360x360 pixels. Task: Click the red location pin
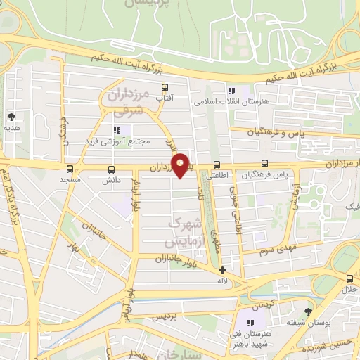click(x=181, y=165)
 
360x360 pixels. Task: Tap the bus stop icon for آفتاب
click(x=165, y=88)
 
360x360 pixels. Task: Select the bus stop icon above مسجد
click(x=69, y=169)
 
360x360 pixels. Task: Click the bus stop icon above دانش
click(x=111, y=169)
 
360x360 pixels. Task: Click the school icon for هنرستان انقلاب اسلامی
click(x=231, y=89)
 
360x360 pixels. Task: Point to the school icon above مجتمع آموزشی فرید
click(x=117, y=130)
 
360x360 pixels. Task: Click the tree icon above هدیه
click(x=11, y=117)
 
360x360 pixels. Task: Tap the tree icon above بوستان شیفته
click(x=308, y=311)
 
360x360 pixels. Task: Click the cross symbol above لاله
click(x=223, y=270)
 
